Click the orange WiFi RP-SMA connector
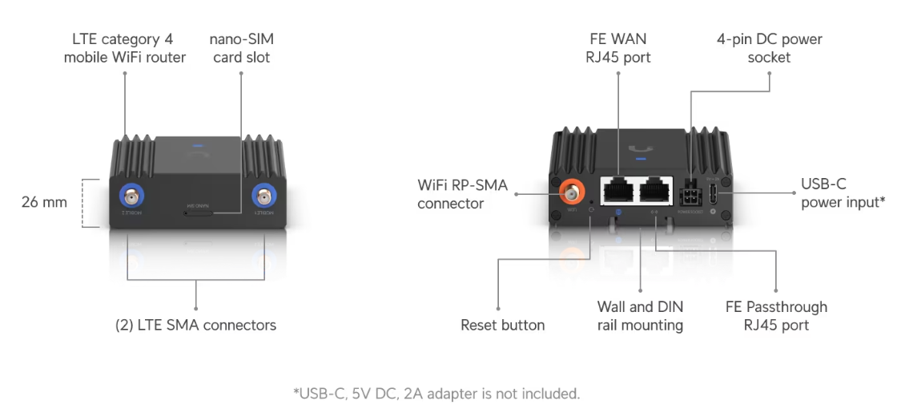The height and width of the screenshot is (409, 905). click(572, 192)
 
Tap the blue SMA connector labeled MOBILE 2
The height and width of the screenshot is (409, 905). click(129, 196)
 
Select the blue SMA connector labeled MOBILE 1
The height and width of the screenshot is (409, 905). click(263, 196)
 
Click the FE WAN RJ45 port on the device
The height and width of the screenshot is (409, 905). click(618, 191)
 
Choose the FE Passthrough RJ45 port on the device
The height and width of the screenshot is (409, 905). click(657, 191)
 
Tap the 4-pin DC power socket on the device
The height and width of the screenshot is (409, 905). click(690, 196)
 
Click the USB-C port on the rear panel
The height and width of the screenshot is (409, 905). click(712, 194)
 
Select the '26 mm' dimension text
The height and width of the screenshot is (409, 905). click(44, 202)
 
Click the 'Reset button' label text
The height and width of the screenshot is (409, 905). click(502, 325)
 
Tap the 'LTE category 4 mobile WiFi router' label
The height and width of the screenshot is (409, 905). click(124, 48)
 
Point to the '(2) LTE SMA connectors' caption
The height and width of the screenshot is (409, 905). click(195, 325)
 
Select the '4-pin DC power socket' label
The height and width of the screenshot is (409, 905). click(768, 48)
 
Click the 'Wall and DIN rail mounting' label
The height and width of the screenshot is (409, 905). click(640, 316)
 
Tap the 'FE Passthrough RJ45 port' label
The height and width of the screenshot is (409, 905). click(775, 316)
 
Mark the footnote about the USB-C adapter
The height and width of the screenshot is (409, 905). click(436, 394)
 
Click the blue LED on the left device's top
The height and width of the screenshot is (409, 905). click(197, 148)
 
